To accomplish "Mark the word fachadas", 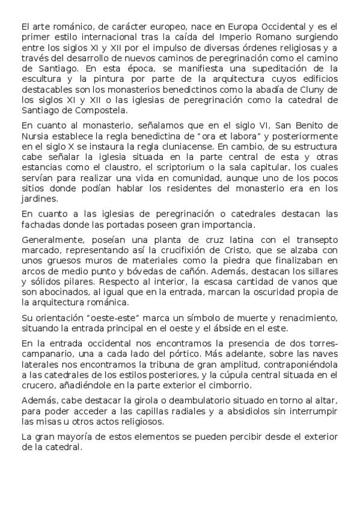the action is pos(40,224).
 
